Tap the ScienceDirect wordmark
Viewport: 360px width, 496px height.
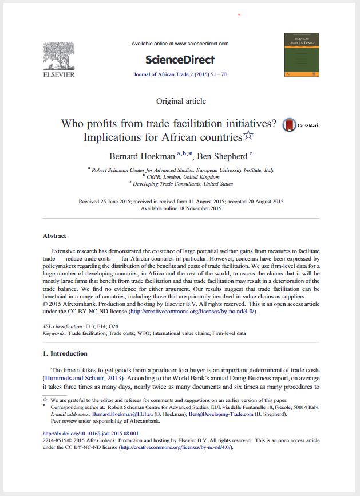180,60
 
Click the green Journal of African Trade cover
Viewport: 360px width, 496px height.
302,55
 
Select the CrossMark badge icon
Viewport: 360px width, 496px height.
290,125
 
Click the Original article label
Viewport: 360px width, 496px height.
181,101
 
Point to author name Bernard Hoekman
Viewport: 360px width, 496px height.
143,156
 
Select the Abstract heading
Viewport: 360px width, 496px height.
54,235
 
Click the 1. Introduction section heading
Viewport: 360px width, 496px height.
65,353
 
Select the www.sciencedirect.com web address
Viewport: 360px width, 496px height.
201,44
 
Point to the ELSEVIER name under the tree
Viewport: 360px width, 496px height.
58,74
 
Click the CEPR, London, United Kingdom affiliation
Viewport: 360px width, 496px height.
180,177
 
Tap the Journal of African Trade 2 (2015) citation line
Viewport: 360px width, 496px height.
180,74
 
